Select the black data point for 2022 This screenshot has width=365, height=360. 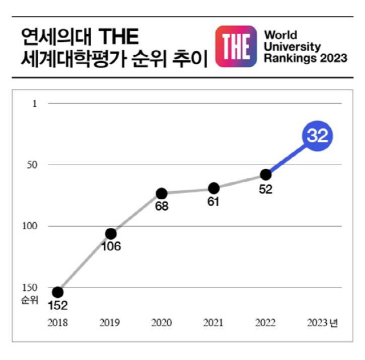(265, 174)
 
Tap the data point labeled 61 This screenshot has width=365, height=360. (214, 188)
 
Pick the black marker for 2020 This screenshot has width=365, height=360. (162, 194)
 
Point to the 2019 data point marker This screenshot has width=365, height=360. (111, 234)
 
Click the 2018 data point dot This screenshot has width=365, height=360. (58, 292)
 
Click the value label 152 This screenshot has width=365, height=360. (58, 306)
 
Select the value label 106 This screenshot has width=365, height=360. (110, 247)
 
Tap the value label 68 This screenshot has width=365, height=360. (162, 206)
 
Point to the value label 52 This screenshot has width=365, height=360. (266, 190)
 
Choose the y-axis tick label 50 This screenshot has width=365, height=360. (32, 165)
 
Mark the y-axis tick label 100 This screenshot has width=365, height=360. (30, 226)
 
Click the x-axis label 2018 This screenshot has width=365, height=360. (58, 323)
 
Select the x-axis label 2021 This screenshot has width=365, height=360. (214, 323)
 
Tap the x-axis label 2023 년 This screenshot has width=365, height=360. (322, 323)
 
